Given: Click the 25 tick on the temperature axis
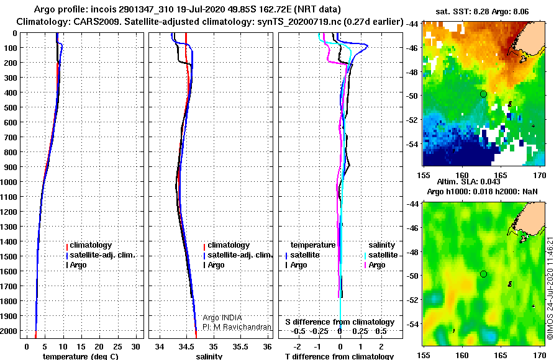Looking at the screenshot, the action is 117,347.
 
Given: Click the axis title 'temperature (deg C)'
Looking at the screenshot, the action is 81,356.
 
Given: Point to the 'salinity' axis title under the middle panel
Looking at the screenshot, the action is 209,356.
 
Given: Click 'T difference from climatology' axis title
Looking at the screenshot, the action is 339,356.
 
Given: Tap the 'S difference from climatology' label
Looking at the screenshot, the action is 340,322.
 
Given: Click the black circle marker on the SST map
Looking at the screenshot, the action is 483,94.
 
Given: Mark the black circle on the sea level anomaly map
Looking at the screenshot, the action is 483,274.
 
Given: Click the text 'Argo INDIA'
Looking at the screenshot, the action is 222,317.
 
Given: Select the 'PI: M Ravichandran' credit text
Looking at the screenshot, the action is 237,327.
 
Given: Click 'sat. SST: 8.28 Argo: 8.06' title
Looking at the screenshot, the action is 482,12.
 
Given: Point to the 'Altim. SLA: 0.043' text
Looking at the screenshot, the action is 468,181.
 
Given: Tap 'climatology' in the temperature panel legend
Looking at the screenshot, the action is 91,245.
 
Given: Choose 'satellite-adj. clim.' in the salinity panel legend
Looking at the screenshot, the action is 240,255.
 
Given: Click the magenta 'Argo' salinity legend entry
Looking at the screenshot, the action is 377,265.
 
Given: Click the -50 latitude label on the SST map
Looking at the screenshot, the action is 412,96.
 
